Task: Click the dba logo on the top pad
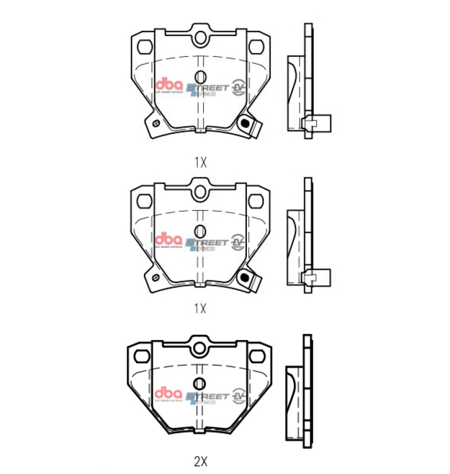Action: (169, 85)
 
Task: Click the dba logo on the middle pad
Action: (169, 239)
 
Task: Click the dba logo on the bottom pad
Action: (169, 393)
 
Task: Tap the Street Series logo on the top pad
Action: (207, 89)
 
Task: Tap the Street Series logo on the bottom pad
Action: (207, 397)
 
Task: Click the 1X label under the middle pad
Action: (200, 308)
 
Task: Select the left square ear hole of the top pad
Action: (143, 46)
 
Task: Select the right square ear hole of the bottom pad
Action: (258, 355)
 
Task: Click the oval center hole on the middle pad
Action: (200, 230)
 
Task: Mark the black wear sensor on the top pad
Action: (243, 123)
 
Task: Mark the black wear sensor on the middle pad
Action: (243, 277)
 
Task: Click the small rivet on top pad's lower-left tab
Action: (155, 123)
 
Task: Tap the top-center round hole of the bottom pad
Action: (200, 348)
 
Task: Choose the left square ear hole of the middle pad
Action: (143, 200)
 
